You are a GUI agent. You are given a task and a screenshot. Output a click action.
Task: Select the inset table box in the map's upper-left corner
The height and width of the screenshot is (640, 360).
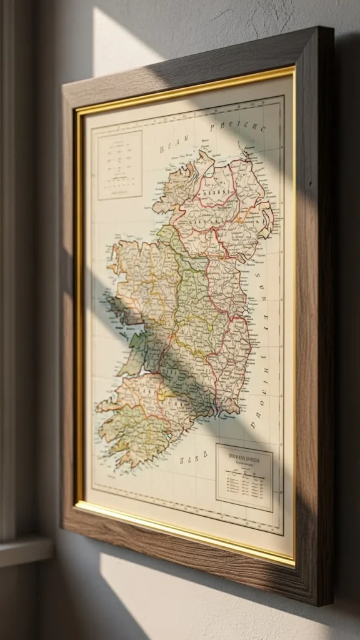119,165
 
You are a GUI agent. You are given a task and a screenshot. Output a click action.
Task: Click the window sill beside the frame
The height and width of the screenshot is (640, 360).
25,550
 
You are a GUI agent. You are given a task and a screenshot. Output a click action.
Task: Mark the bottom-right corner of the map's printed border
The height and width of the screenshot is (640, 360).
283,534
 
